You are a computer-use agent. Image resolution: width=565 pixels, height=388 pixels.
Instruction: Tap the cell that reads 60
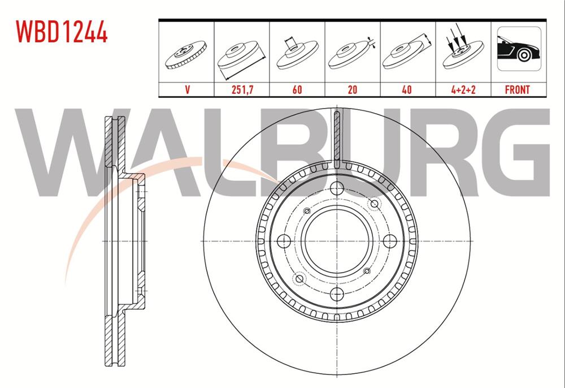point(297,89)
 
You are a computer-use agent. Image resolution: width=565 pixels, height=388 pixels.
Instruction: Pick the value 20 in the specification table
point(352,89)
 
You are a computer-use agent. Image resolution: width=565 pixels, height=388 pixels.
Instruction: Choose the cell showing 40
point(407,89)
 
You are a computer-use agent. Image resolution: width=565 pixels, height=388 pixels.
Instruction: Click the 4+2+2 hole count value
point(463,89)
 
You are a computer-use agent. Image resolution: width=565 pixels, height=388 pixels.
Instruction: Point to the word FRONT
point(518,89)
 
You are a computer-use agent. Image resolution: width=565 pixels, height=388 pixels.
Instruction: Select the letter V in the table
point(186,89)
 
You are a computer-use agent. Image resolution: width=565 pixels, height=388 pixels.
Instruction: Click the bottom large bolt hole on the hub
point(337,293)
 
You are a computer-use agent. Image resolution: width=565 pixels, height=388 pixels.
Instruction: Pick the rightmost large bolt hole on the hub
point(389,241)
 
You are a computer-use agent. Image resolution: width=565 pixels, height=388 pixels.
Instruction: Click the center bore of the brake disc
point(337,241)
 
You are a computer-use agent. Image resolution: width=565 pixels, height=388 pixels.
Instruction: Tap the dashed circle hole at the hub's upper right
point(373,204)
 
